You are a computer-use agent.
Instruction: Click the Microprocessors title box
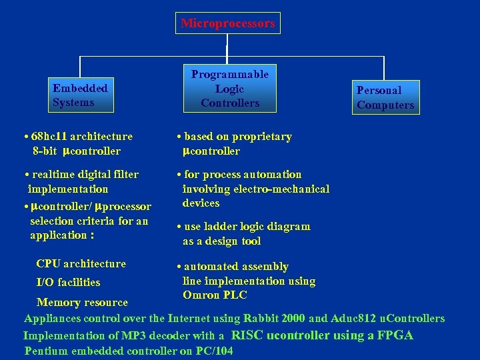coord(227,23)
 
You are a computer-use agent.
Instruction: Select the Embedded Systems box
coord(80,95)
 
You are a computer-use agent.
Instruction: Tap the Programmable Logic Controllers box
coord(229,88)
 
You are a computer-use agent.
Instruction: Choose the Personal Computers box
coord(385,97)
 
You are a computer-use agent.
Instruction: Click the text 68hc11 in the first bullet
coord(49,137)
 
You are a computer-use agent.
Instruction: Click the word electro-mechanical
coord(291,189)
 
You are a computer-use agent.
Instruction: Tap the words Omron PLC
coord(215,295)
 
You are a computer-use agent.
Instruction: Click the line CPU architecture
coord(81,264)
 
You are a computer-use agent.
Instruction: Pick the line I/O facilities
coord(68,283)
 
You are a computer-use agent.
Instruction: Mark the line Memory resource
coord(82,303)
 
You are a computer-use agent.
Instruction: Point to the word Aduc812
coord(351,319)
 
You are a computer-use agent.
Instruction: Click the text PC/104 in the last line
coord(215,351)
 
